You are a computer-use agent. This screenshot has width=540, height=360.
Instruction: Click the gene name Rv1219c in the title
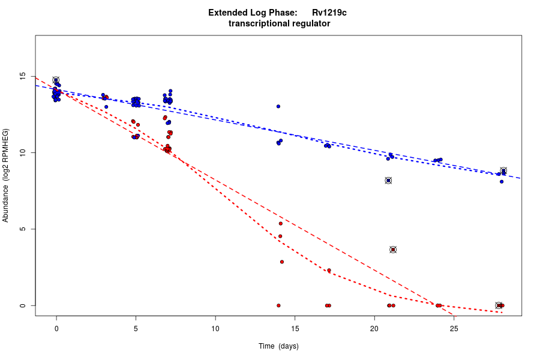pos(329,13)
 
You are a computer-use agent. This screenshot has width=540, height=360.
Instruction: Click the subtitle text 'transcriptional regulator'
pos(280,23)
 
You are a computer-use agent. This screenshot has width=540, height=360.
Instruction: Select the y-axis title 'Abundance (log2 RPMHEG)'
pos(6,175)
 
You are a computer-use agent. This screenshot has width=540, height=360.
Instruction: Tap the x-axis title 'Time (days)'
pos(278,346)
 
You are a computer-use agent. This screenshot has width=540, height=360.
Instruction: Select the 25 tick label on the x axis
pos(454,329)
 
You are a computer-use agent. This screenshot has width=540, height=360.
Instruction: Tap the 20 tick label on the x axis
pos(374,329)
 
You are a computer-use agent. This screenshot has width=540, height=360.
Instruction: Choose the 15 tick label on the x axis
pos(295,329)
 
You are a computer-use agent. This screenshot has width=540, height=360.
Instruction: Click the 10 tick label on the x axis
pos(215,329)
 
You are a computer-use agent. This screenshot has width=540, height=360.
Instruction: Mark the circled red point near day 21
pos(393,250)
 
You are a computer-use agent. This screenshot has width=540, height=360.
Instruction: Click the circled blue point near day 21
pos(388,181)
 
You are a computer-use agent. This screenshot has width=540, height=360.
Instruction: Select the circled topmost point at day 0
pos(56,80)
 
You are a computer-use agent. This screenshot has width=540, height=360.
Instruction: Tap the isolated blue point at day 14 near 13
pos(278,106)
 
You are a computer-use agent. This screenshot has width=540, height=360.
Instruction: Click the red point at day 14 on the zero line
pos(278,305)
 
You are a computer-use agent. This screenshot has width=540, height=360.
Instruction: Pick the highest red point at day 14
pos(280,223)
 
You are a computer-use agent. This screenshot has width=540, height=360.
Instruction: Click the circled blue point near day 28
pos(503,171)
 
